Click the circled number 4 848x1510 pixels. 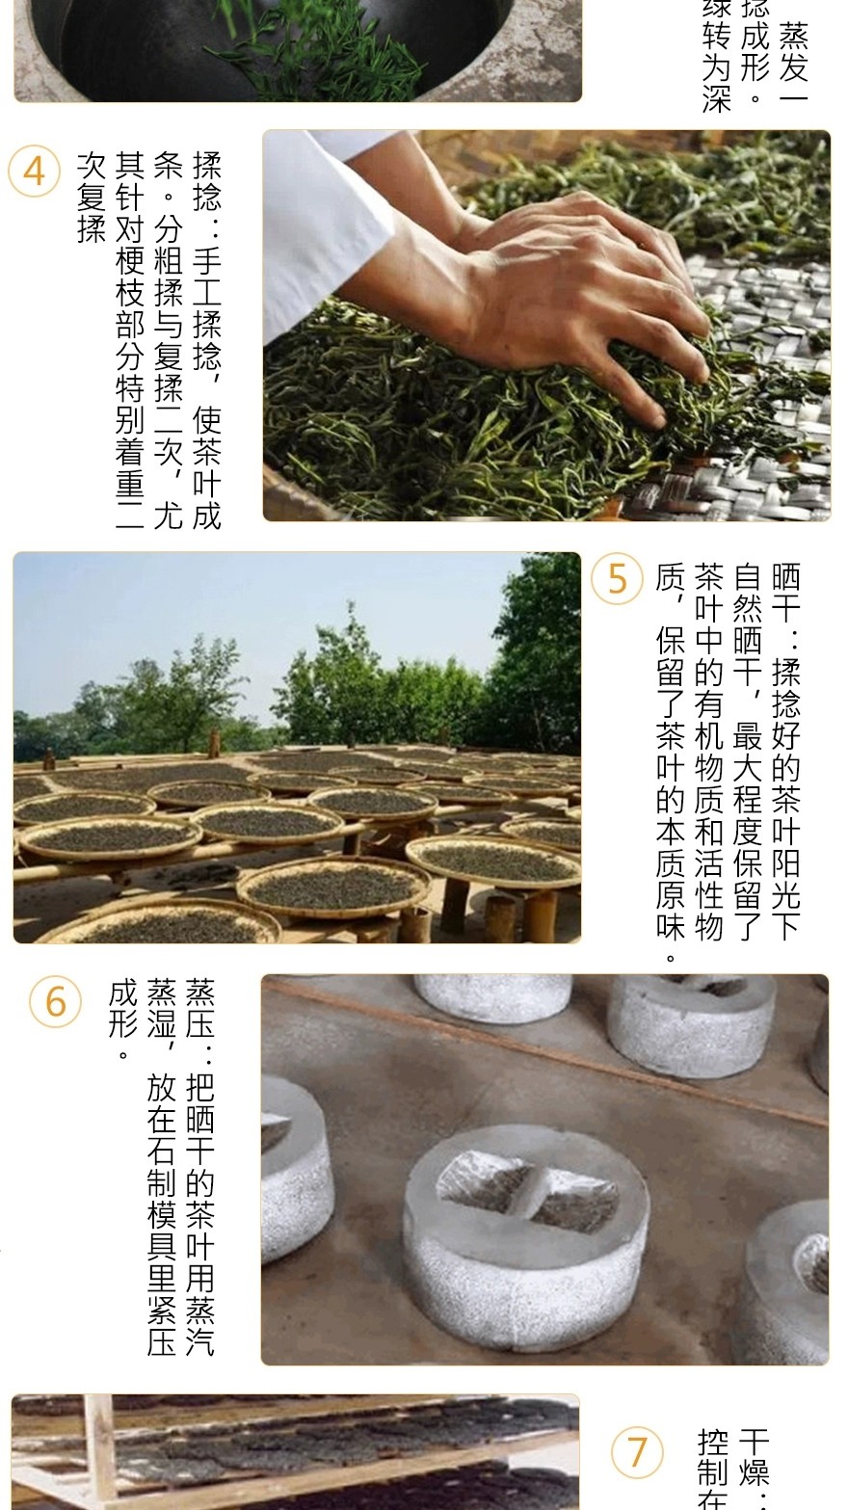[34, 171]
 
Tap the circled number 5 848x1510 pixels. [617, 579]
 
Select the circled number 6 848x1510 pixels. [56, 1001]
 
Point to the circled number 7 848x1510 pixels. [638, 1451]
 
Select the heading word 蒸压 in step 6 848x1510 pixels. [200, 1010]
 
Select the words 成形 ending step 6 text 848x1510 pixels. [123, 1010]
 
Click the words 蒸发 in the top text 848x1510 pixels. [793, 52]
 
